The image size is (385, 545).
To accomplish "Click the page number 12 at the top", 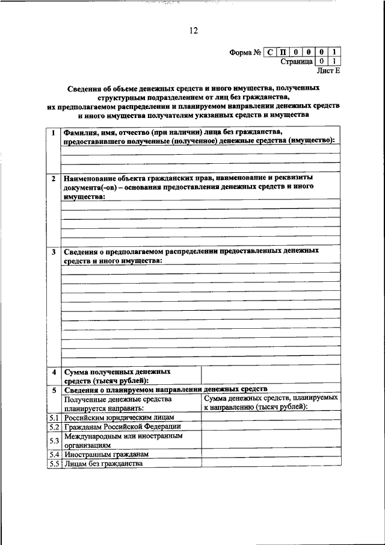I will (x=192, y=30).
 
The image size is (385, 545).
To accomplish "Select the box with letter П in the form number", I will (x=283, y=52).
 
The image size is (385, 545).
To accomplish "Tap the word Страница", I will (x=296, y=61).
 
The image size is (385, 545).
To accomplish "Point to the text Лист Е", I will (x=328, y=70).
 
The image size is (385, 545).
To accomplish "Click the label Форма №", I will (x=244, y=52).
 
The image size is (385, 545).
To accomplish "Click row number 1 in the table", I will (x=54, y=132).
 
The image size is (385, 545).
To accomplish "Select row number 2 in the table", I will (x=54, y=179).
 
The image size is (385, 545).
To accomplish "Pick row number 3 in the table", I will (x=54, y=251).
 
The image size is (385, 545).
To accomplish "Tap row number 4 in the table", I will (x=54, y=372).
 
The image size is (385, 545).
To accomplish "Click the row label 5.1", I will (x=54, y=417).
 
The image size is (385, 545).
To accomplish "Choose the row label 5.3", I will (x=54, y=440).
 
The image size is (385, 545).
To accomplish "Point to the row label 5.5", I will (x=54, y=464).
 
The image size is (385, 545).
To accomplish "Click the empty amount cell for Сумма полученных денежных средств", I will (x=270, y=375).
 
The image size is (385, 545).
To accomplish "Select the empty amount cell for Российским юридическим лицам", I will (x=270, y=417).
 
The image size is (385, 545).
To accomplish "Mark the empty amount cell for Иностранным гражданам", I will (x=270, y=455).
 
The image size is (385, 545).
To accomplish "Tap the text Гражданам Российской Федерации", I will (x=122, y=426).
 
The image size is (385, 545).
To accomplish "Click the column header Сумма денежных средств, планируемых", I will (x=270, y=398).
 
